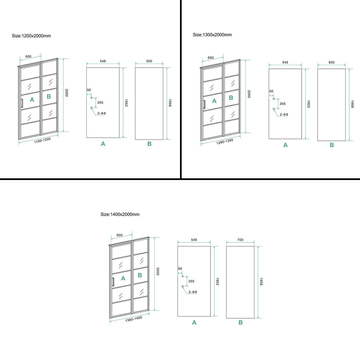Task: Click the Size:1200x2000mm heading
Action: tap(31, 36)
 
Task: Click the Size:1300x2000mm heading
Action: tap(212, 35)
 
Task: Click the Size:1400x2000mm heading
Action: tap(120, 214)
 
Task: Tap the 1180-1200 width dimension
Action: tap(42, 140)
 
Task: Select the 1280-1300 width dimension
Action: tap(225, 142)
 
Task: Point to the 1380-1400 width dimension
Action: tap(134, 319)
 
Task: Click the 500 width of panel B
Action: tap(149, 61)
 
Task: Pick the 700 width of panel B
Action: tap(240, 240)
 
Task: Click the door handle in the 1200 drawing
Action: tap(22, 103)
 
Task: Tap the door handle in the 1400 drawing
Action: tap(113, 282)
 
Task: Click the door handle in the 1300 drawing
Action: tap(204, 104)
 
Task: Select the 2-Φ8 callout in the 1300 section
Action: tap(284, 114)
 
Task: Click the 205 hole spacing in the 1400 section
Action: tap(191, 281)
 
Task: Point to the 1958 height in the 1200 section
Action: tap(170, 103)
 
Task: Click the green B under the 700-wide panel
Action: tap(241, 322)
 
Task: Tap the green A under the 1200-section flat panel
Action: tap(103, 144)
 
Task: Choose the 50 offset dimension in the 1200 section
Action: tap(89, 90)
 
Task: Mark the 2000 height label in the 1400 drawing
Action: tap(158, 271)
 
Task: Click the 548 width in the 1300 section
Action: tap(285, 62)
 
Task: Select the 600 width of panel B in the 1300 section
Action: tap(332, 62)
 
